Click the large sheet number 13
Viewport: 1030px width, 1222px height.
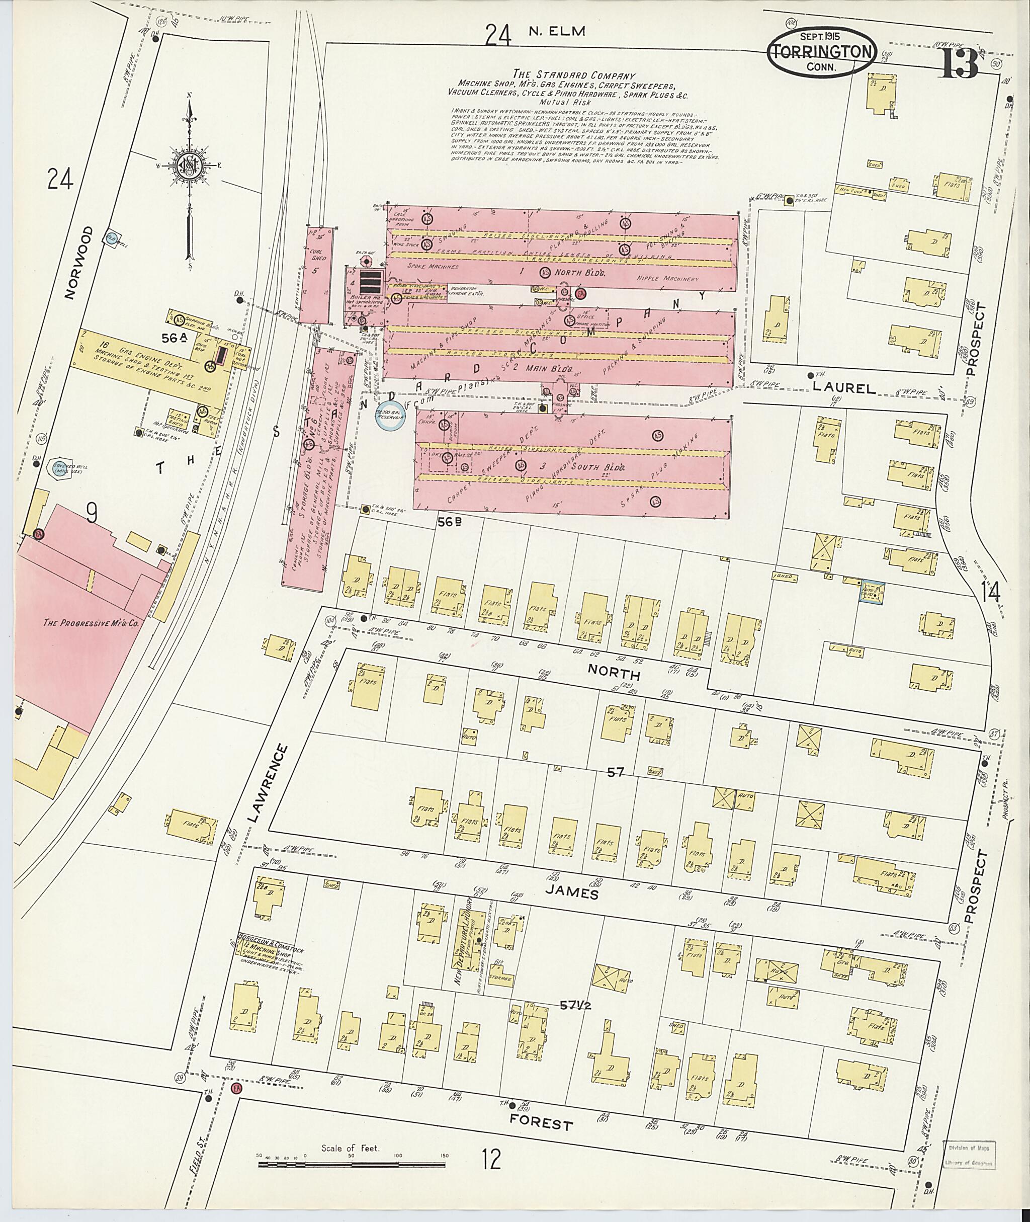pos(958,62)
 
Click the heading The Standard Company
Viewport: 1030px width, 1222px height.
pos(573,75)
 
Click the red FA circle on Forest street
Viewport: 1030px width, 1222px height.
pos(236,1089)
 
